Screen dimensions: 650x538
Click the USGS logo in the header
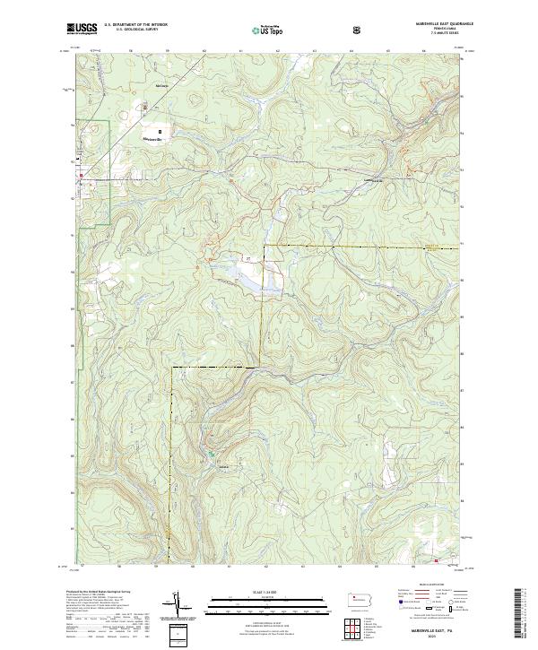pos(82,30)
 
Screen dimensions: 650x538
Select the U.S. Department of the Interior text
pos(136,25)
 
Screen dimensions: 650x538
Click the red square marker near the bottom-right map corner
pos(437,561)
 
